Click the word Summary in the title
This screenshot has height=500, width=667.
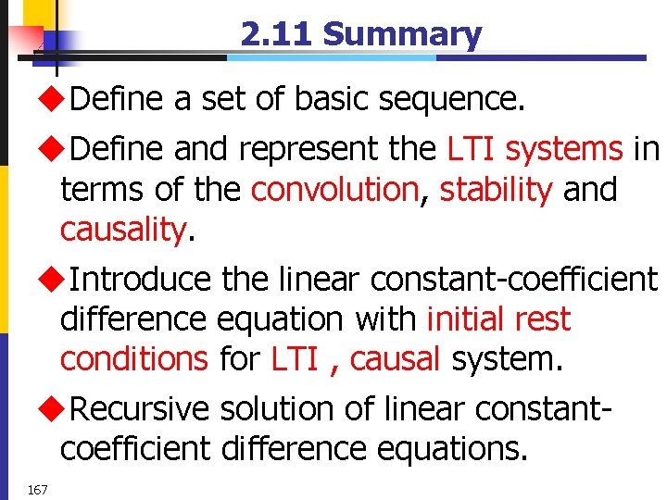coord(402,35)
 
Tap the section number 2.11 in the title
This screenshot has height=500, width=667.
coord(277,35)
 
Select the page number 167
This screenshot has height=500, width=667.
coord(38,489)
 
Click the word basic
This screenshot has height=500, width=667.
coord(337,100)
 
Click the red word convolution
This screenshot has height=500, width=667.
coord(334,190)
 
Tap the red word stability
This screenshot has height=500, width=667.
coord(496,190)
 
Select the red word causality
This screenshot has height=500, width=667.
coord(123,231)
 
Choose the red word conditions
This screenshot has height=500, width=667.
coord(134,358)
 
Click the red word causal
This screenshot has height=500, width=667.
coord(395,358)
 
